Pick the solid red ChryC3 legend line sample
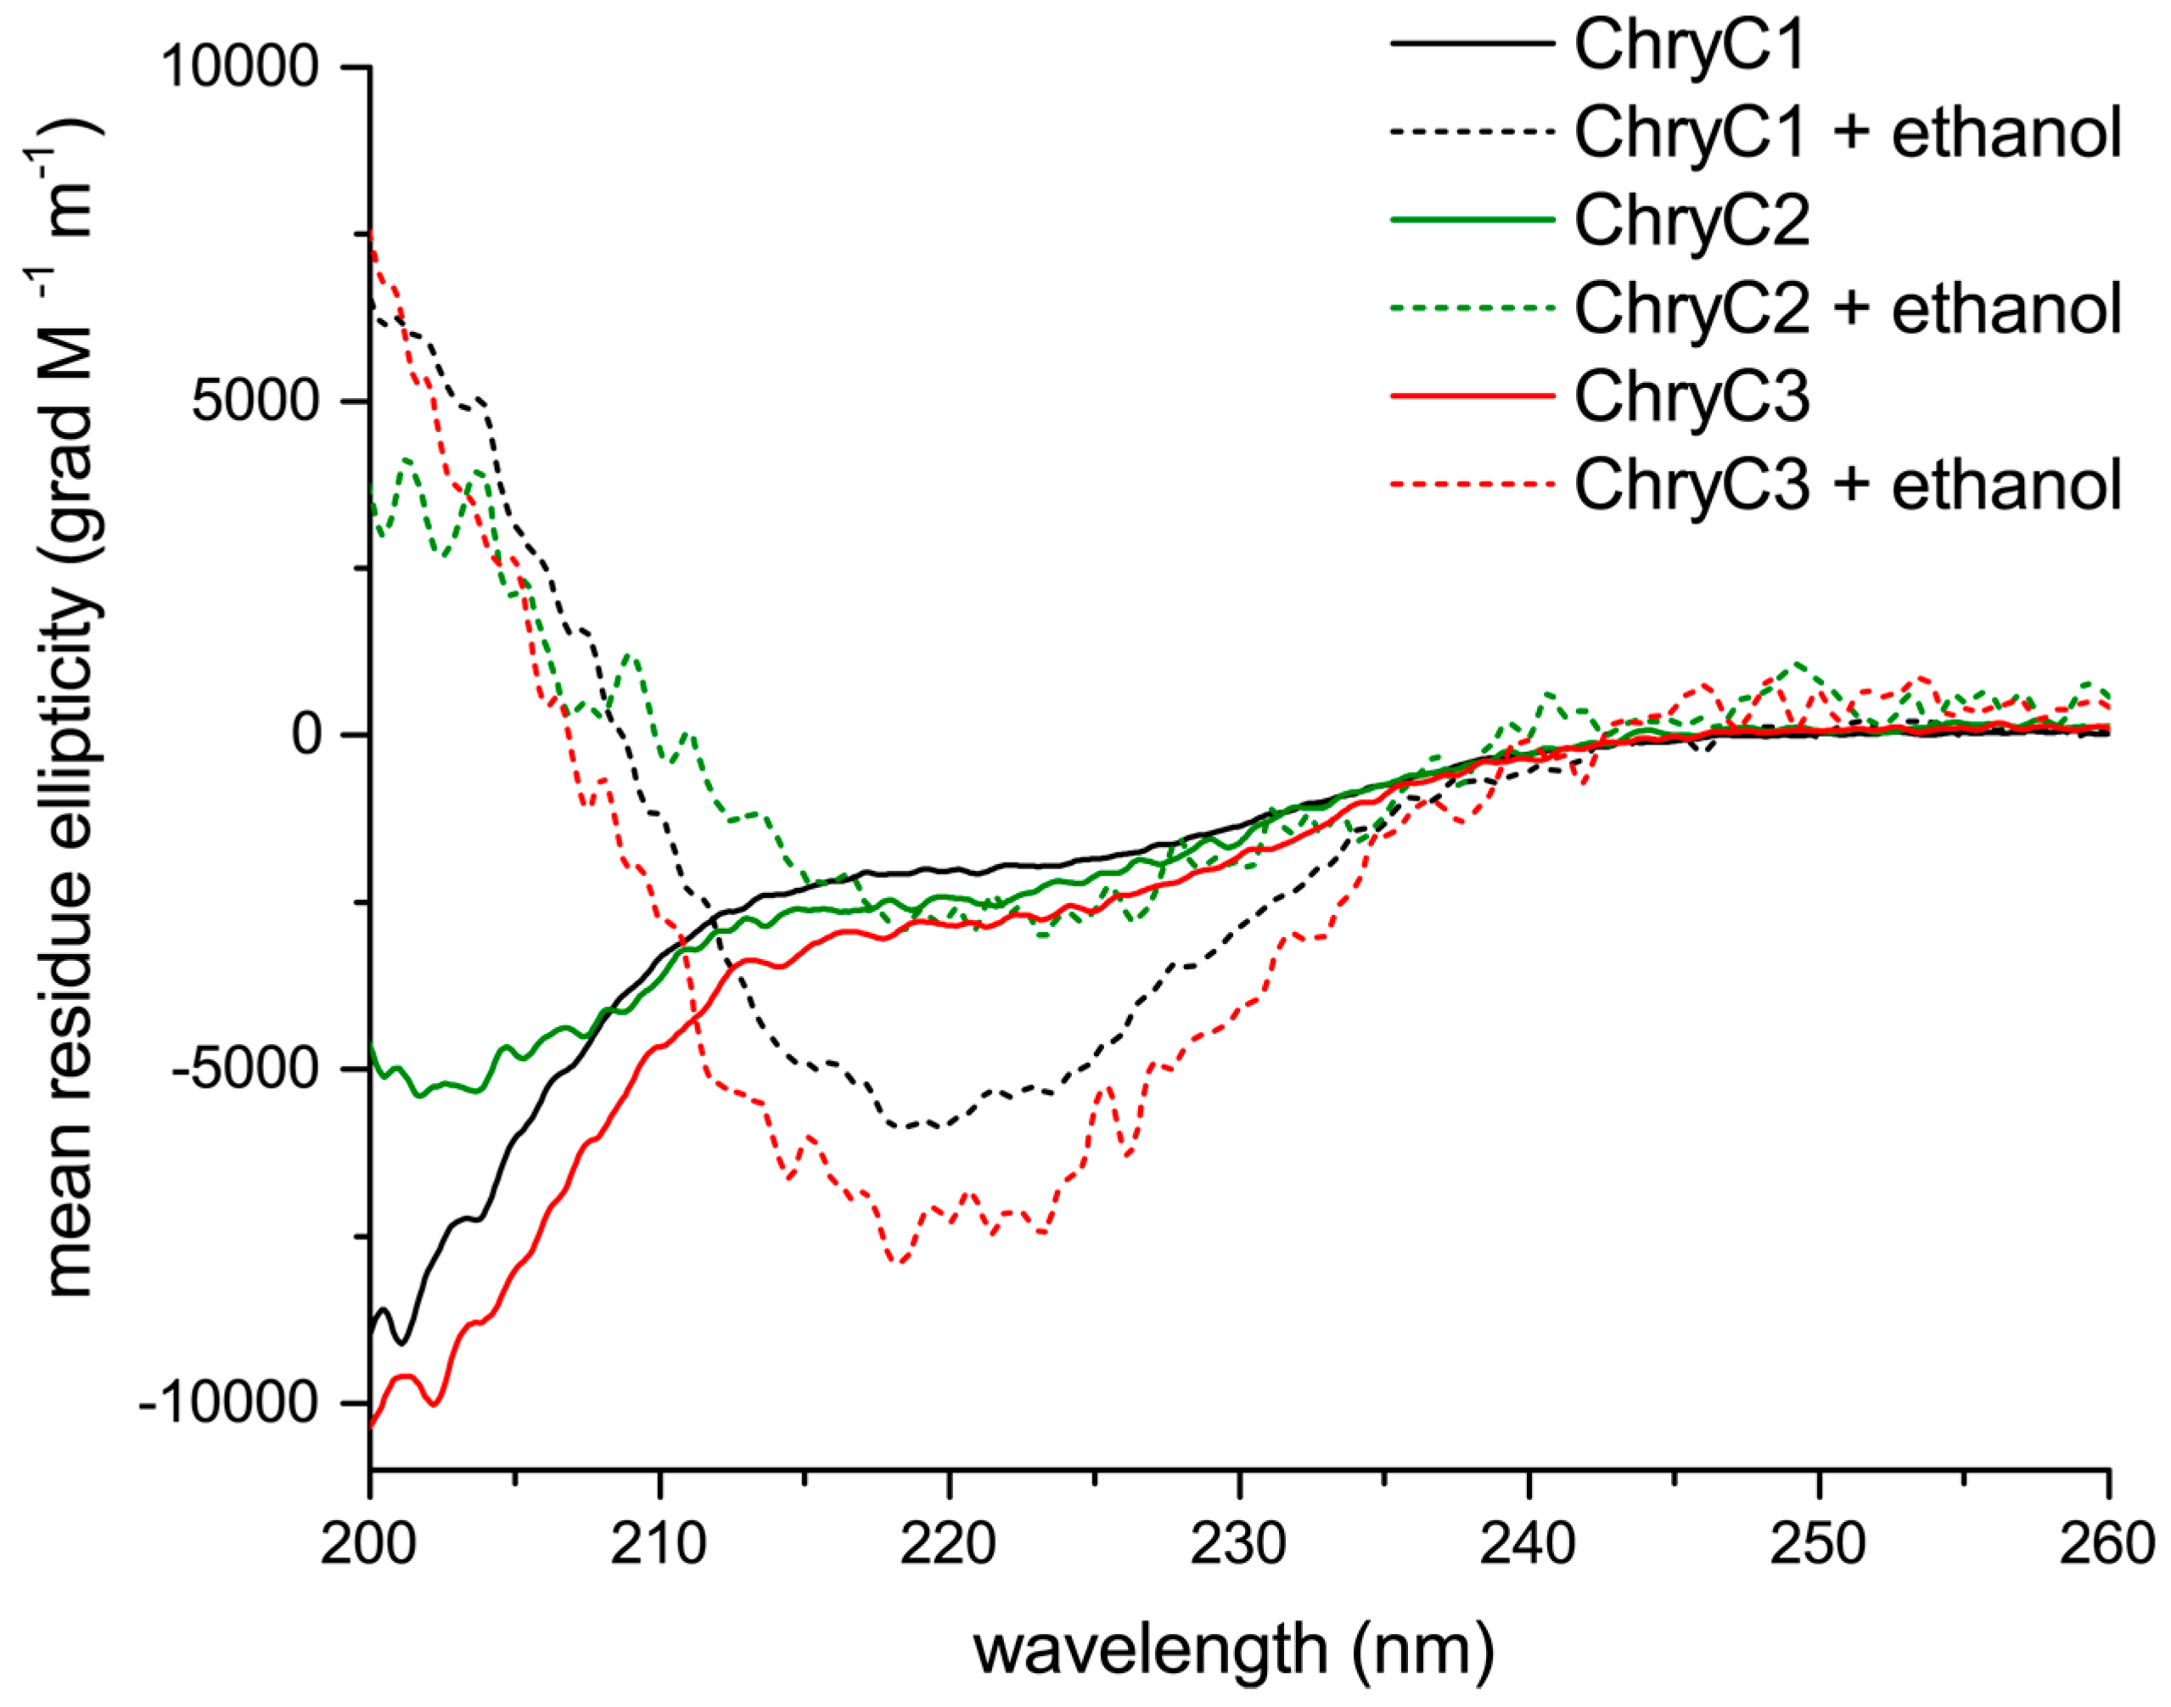[x=1473, y=396]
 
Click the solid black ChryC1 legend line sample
[x=1473, y=44]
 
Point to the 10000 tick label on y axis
[x=240, y=67]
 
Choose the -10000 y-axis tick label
[x=227, y=1404]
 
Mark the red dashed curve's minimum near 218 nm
[x=898, y=1262]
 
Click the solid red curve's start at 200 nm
[x=372, y=1426]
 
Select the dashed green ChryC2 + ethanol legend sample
[x=1473, y=308]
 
